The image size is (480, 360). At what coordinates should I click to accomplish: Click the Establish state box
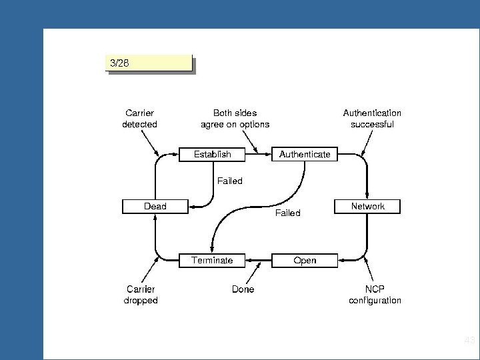click(213, 154)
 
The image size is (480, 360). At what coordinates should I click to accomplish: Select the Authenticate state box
click(305, 154)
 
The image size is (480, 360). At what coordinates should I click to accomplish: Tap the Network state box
click(368, 207)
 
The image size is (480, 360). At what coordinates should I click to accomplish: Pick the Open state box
click(305, 260)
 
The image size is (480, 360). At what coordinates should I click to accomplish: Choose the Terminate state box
click(213, 260)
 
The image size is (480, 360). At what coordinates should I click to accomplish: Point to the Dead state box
click(155, 207)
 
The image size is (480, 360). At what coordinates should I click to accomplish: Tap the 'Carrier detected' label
click(140, 119)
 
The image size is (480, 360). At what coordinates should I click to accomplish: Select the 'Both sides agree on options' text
click(235, 119)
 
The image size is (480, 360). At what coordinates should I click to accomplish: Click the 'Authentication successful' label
click(372, 119)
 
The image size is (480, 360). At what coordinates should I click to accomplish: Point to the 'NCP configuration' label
click(375, 295)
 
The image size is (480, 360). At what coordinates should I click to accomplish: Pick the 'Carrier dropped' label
click(141, 295)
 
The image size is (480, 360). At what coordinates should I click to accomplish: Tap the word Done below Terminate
click(243, 289)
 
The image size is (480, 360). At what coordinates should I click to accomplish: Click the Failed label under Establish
click(230, 181)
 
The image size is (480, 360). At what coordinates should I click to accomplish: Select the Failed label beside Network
click(288, 213)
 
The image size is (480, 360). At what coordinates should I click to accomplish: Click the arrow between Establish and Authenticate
click(259, 154)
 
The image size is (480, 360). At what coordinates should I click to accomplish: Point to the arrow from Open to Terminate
click(259, 260)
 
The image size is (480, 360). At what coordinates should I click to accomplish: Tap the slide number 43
click(469, 341)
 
